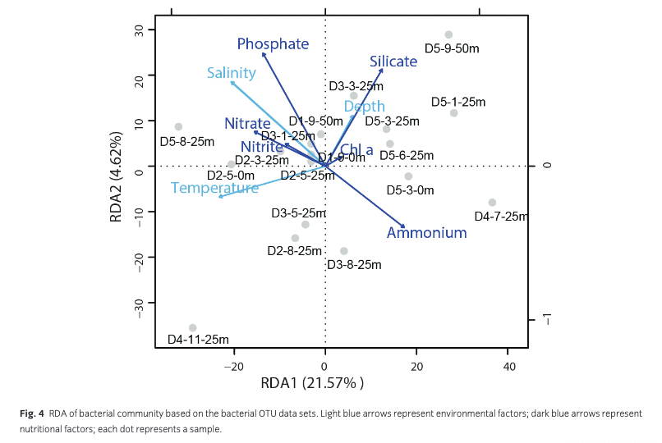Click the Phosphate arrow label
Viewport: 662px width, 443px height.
pyautogui.click(x=273, y=43)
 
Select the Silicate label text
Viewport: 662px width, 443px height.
pyautogui.click(x=393, y=62)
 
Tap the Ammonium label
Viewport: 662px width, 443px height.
pyautogui.click(x=426, y=233)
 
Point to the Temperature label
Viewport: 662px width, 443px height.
pyautogui.click(x=214, y=188)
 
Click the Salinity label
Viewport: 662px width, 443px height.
pyautogui.click(x=231, y=73)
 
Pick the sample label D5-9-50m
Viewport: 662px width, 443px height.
pyautogui.click(x=452, y=48)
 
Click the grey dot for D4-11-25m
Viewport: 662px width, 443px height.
pyautogui.click(x=192, y=328)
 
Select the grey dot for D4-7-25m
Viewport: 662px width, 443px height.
pyautogui.click(x=492, y=203)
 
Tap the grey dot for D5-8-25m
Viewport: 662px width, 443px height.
pyautogui.click(x=178, y=127)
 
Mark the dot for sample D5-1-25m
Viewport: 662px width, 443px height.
pyautogui.click(x=453, y=113)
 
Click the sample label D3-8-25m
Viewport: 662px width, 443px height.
pyautogui.click(x=354, y=265)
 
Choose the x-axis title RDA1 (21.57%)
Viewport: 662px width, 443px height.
pyautogui.click(x=311, y=383)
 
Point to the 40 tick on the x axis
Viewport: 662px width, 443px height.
pyautogui.click(x=508, y=366)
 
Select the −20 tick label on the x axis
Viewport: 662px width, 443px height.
pyautogui.click(x=234, y=366)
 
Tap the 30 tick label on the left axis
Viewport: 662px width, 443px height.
pyautogui.click(x=140, y=31)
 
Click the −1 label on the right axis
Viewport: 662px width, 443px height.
pyautogui.click(x=549, y=320)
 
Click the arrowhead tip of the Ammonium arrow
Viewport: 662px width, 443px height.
pyautogui.click(x=405, y=227)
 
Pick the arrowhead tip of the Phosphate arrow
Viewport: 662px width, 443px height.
pyautogui.click(x=263, y=53)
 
